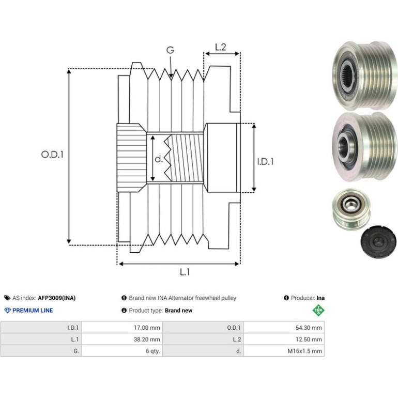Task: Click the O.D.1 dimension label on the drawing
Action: click(x=52, y=155)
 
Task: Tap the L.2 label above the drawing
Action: click(x=220, y=47)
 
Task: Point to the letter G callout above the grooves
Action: click(x=170, y=50)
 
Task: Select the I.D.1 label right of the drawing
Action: click(x=266, y=161)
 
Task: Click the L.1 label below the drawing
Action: click(x=185, y=272)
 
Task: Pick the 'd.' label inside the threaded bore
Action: click(x=158, y=159)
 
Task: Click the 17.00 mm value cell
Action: click(x=122, y=327)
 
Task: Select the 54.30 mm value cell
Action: click(x=284, y=327)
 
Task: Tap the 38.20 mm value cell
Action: click(x=122, y=339)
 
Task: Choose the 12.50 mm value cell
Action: click(x=284, y=339)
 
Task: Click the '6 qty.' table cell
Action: click(x=122, y=351)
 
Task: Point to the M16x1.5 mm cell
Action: click(x=284, y=351)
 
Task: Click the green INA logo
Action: click(x=318, y=310)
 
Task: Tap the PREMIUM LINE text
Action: click(x=33, y=311)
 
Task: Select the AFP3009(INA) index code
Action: click(x=57, y=298)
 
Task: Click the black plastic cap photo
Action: click(x=378, y=241)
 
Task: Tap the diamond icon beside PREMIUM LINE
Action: click(x=8, y=311)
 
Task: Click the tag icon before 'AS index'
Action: click(x=7, y=298)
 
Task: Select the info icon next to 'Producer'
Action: click(x=286, y=298)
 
